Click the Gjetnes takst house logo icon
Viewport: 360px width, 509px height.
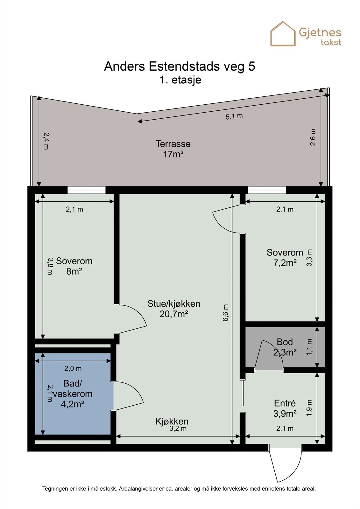click(x=283, y=34)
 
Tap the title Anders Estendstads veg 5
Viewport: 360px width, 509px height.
click(x=180, y=66)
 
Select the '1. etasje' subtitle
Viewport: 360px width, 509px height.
click(x=180, y=80)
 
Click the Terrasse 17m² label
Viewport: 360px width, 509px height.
click(x=173, y=149)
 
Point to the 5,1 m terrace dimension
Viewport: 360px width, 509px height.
click(x=234, y=116)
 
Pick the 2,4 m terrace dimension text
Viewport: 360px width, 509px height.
click(x=46, y=141)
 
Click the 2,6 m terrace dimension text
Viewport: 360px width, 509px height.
click(x=313, y=137)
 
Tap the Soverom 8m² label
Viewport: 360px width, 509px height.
click(x=74, y=266)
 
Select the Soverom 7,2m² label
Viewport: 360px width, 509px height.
click(x=285, y=258)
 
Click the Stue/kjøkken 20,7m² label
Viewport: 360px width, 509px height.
click(x=174, y=309)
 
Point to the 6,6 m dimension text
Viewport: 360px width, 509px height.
click(x=225, y=313)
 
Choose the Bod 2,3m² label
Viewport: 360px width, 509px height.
click(x=285, y=347)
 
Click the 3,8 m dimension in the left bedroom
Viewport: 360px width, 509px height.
click(x=50, y=266)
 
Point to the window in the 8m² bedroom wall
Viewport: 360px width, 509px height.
click(x=86, y=190)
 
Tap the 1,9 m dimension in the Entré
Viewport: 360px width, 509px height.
click(x=309, y=408)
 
